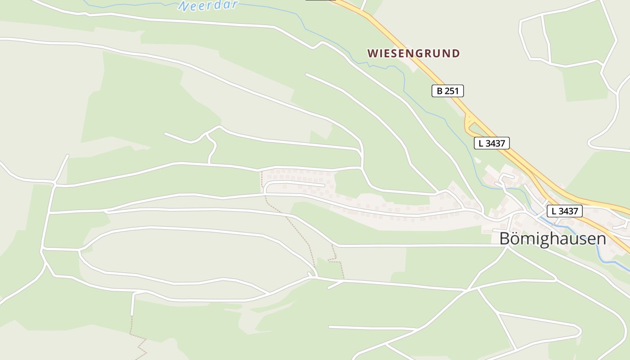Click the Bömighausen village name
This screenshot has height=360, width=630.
(553, 238)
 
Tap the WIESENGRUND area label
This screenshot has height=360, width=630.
(414, 53)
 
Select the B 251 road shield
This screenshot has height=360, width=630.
(447, 91)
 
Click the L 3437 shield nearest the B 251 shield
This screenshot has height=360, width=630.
(491, 143)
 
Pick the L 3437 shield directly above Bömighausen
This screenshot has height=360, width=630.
(565, 211)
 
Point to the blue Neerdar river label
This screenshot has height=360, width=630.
(208, 5)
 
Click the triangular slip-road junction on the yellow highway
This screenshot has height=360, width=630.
(469, 122)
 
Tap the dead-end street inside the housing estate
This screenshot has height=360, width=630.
(295, 184)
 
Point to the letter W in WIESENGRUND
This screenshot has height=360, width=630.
(372, 54)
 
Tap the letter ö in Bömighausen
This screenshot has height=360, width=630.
(516, 238)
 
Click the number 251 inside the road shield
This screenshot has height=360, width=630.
(451, 91)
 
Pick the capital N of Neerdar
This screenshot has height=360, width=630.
(184, 6)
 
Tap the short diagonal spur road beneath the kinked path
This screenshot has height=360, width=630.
(335, 284)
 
